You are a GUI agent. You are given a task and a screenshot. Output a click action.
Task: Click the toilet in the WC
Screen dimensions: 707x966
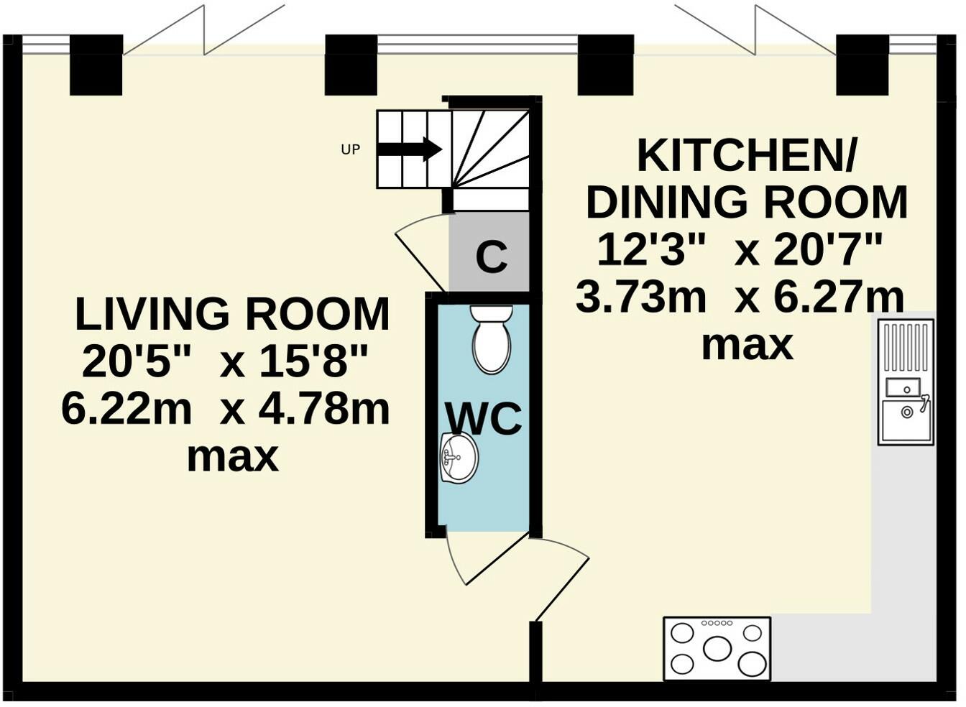pyautogui.click(x=492, y=339)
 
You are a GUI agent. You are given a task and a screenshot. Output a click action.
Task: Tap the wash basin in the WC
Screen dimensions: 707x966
pyautogui.click(x=459, y=458)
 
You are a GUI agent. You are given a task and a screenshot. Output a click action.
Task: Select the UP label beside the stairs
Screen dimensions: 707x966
pyautogui.click(x=350, y=149)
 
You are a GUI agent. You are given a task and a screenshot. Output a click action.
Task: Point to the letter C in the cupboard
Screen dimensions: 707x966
pyautogui.click(x=491, y=257)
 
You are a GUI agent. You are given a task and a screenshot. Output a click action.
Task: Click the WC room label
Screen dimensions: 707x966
pyautogui.click(x=483, y=419)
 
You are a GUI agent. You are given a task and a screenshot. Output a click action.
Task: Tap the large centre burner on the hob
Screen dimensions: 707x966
pyautogui.click(x=717, y=649)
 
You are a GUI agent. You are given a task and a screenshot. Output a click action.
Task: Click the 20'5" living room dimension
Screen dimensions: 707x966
pyautogui.click(x=136, y=362)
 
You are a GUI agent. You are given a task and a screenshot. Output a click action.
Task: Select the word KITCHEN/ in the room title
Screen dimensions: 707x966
pyautogui.click(x=746, y=156)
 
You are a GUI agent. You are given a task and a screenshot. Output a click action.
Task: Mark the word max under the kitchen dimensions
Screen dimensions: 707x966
pyautogui.click(x=747, y=345)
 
